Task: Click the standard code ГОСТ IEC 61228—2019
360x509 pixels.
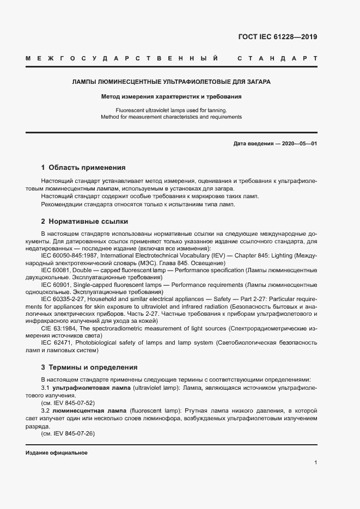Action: [278, 37]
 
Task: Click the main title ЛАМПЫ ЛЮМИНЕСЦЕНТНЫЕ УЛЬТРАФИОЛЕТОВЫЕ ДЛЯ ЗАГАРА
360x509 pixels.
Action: [172, 82]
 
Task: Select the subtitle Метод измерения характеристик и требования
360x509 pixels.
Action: [171, 97]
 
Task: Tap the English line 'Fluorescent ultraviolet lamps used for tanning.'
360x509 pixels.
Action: [171, 110]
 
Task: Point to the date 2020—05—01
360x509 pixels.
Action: [299, 143]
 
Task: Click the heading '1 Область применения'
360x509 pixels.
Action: [83, 168]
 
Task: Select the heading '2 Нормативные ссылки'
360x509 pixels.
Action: [84, 222]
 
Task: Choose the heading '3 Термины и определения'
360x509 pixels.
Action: [89, 367]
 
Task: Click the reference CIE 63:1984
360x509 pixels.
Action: [59, 329]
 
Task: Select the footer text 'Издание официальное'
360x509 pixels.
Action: [56, 453]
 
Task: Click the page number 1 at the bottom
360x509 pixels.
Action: [315, 463]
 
